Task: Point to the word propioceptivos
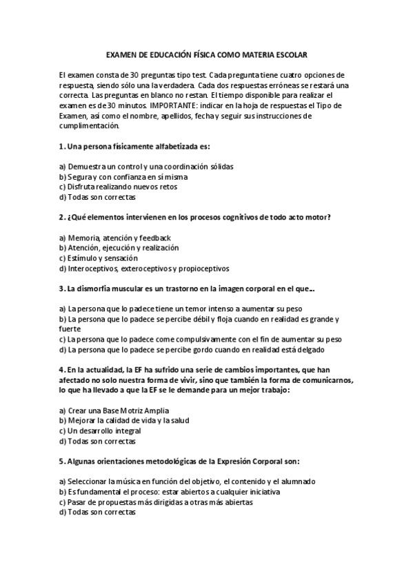[x=205, y=269]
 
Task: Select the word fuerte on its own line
[x=70, y=329]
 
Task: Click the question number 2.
[x=61, y=218]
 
